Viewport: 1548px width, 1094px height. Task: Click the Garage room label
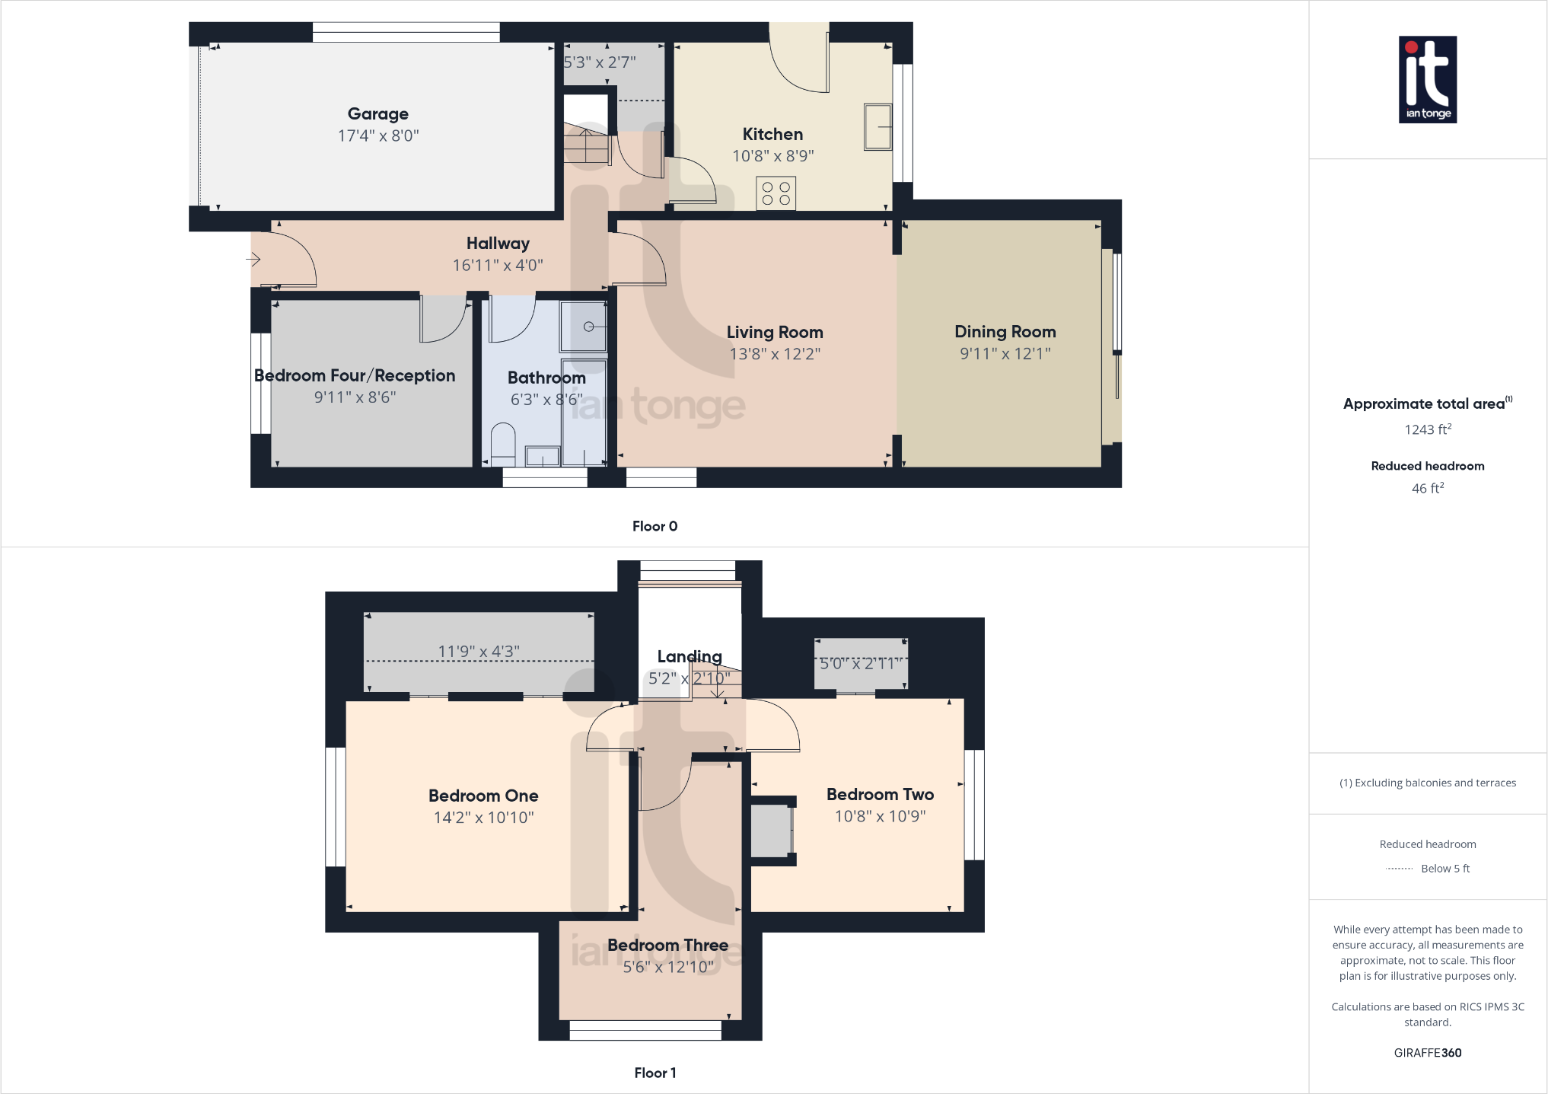click(377, 114)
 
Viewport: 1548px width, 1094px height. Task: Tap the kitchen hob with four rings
click(776, 193)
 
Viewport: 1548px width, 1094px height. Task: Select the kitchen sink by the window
click(878, 127)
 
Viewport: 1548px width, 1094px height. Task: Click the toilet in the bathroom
click(503, 445)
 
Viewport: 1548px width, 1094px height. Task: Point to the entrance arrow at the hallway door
click(253, 260)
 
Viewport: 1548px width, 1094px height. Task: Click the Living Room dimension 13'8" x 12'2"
click(774, 354)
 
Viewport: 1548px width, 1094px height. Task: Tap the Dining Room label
click(1005, 332)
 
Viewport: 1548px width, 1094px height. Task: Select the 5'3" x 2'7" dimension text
click(599, 62)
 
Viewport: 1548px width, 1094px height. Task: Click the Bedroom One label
click(483, 796)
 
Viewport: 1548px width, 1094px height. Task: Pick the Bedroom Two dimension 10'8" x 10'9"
click(880, 816)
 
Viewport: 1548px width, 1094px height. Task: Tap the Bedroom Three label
click(667, 945)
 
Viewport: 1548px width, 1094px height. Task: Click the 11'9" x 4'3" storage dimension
click(478, 652)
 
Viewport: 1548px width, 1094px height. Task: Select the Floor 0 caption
click(655, 526)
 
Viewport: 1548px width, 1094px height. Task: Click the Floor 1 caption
click(655, 1073)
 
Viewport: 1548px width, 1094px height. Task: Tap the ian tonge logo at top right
click(1427, 79)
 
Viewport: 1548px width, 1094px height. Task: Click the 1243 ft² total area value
click(1427, 430)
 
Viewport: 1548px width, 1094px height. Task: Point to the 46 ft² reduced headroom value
click(1427, 489)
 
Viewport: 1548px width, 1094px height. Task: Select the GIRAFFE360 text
click(1427, 1053)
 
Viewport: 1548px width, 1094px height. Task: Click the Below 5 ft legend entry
click(1444, 869)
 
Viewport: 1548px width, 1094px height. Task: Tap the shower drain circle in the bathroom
click(588, 327)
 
